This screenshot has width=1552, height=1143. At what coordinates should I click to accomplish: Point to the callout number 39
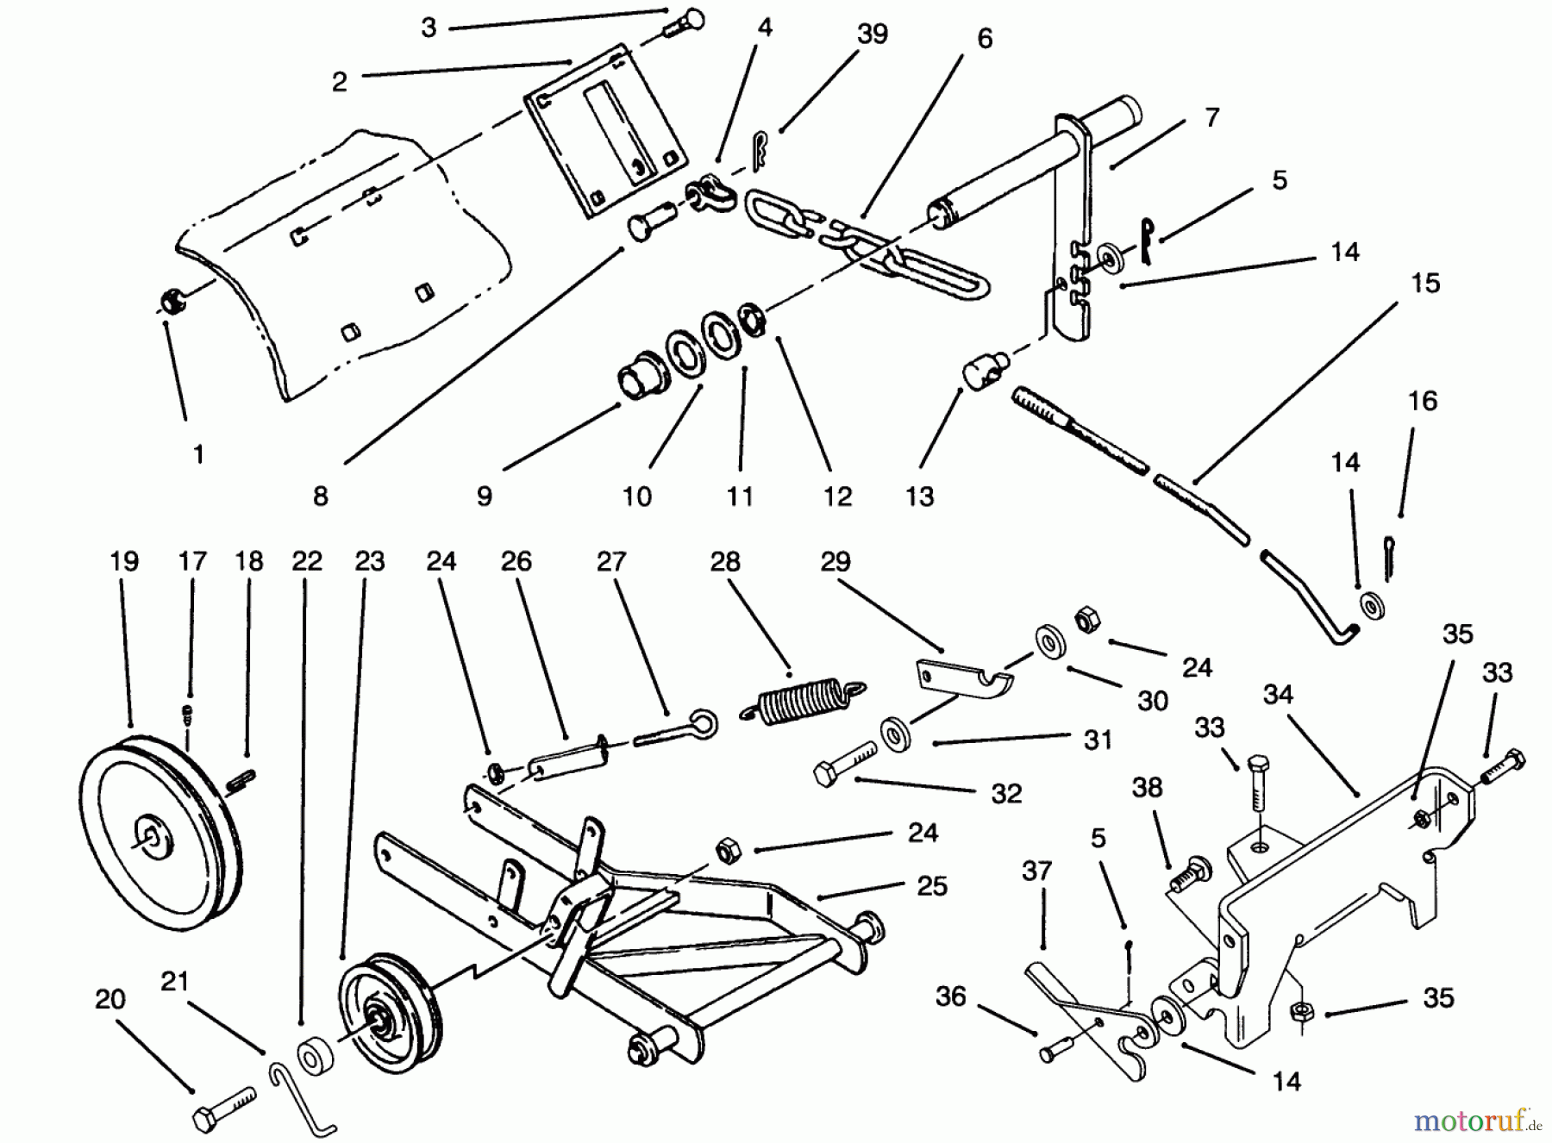(x=872, y=34)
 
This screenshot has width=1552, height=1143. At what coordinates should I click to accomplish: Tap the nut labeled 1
(x=169, y=301)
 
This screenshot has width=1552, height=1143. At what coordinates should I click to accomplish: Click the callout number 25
(x=932, y=886)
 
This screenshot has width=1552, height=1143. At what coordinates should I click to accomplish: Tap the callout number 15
(x=1424, y=284)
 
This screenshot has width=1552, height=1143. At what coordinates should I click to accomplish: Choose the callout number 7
(x=1211, y=117)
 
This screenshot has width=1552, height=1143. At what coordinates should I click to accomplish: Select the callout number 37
(x=1036, y=871)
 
